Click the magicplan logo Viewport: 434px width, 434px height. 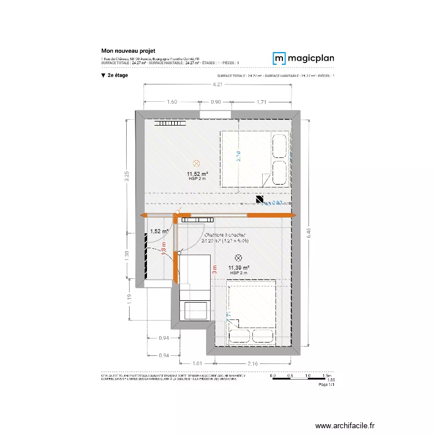point(303,58)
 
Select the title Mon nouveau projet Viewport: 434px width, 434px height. point(128,51)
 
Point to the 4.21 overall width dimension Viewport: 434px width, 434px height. point(217,85)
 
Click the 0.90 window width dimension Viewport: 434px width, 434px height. point(215,102)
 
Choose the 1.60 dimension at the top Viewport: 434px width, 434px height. point(171,102)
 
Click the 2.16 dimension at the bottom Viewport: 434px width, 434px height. point(252,363)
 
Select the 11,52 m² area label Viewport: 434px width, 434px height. point(197,174)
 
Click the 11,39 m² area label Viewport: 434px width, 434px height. point(238,267)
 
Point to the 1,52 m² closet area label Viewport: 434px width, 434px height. point(159,231)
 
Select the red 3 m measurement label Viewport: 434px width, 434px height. point(214,269)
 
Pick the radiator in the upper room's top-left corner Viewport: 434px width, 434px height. point(170,123)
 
